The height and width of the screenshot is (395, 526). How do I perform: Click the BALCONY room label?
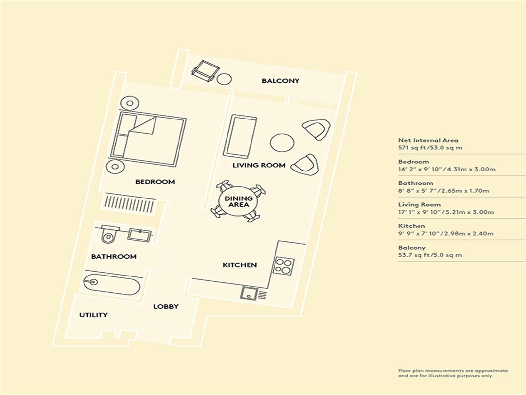coord(280,81)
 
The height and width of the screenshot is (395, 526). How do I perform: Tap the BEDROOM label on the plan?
coord(155,182)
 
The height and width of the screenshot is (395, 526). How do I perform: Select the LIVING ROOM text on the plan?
coord(259,165)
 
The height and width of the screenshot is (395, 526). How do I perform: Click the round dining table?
coord(238,202)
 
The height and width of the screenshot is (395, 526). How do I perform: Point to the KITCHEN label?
coord(240,265)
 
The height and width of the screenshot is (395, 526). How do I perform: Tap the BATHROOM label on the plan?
coord(114,257)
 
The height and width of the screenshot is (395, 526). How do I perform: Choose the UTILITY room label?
coord(93,315)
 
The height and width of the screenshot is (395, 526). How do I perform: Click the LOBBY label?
coord(166,306)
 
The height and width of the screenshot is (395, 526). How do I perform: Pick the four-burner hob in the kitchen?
coord(283,266)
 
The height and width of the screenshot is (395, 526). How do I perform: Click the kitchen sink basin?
coord(249,293)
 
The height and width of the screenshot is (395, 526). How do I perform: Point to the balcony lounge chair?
coord(205,71)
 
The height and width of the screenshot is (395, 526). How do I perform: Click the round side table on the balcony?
coord(224,78)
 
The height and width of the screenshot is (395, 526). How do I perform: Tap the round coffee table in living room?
coord(282,143)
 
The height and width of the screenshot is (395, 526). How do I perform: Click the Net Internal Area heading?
coord(428,140)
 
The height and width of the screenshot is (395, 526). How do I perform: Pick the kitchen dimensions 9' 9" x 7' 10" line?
coord(446,233)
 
